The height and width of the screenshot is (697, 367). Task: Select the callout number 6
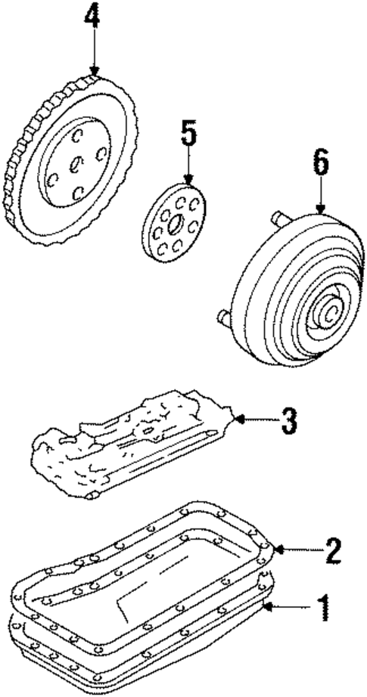pos(320,165)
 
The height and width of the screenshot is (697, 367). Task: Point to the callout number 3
pos(288,421)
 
